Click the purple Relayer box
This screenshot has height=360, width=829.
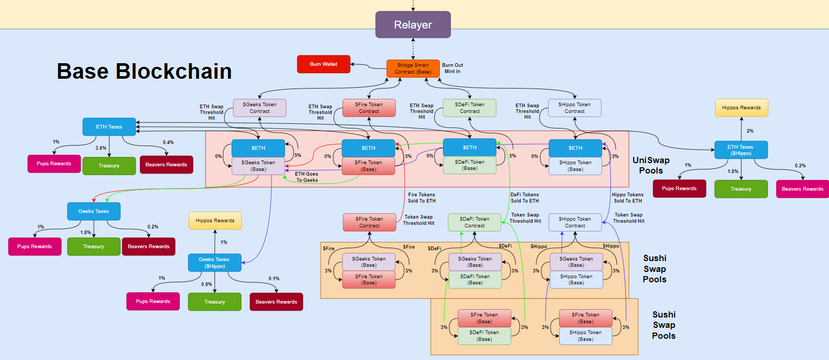(x=413, y=25)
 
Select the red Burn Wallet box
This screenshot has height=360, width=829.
(x=323, y=64)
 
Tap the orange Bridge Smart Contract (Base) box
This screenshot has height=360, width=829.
(x=413, y=68)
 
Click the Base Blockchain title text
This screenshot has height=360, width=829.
(x=144, y=71)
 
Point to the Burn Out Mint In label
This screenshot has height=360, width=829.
(x=452, y=68)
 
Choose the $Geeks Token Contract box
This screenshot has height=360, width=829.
(x=260, y=108)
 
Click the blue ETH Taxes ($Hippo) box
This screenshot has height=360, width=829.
(x=740, y=150)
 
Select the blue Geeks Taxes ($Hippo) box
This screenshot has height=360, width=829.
(x=215, y=263)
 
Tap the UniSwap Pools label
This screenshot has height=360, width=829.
(x=651, y=165)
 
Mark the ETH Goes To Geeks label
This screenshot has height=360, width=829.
(x=307, y=177)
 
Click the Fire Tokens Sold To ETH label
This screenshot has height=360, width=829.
(x=422, y=198)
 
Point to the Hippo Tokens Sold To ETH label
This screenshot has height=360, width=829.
(x=628, y=198)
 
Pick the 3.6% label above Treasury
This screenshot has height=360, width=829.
(x=101, y=148)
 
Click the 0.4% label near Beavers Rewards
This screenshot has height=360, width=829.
(x=168, y=142)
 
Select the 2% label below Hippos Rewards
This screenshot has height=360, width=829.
(x=750, y=131)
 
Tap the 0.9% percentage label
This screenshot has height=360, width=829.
(x=207, y=284)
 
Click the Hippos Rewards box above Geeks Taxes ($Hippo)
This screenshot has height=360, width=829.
(x=215, y=221)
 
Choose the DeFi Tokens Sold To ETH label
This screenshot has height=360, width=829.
(x=525, y=198)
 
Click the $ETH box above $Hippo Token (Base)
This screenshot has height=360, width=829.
(x=575, y=148)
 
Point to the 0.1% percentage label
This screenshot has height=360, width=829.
(x=274, y=279)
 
